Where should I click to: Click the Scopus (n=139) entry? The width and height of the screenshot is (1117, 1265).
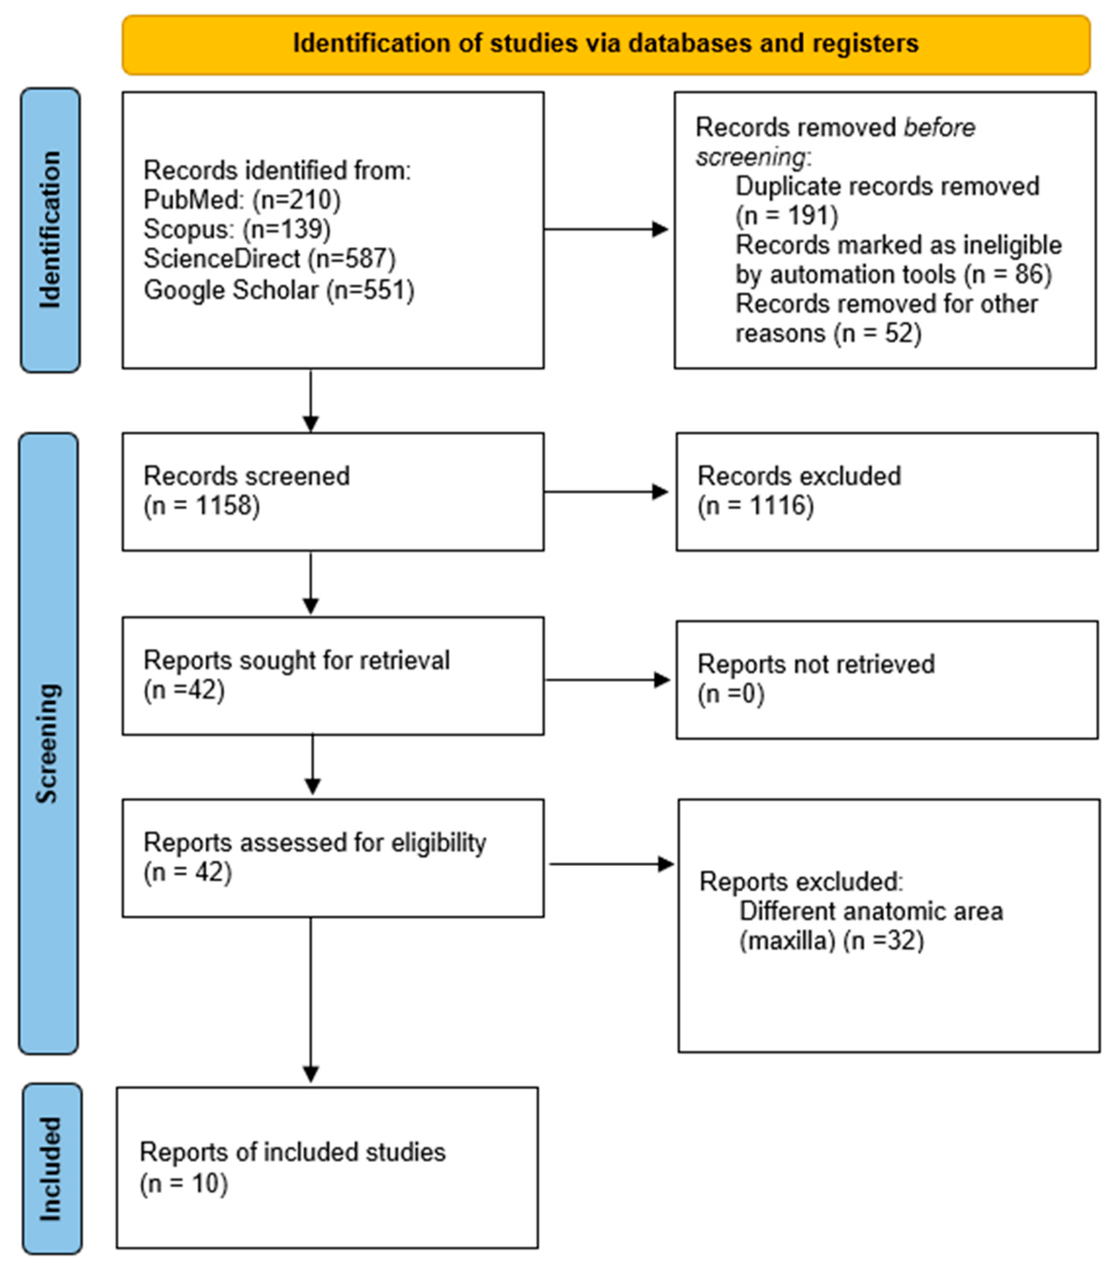(x=237, y=230)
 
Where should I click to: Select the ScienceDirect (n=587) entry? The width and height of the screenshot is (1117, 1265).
(x=269, y=259)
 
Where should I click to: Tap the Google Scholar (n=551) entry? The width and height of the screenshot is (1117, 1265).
(x=278, y=290)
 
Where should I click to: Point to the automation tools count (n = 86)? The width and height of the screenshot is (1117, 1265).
(x=1008, y=274)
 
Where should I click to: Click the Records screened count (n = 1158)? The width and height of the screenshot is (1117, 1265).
(x=202, y=506)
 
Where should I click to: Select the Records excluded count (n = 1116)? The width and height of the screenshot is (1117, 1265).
(x=756, y=506)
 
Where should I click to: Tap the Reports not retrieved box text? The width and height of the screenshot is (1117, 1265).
(x=816, y=678)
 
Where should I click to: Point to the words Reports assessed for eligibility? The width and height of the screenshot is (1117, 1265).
(x=314, y=842)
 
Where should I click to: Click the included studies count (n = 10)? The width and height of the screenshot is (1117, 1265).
(x=184, y=1183)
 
